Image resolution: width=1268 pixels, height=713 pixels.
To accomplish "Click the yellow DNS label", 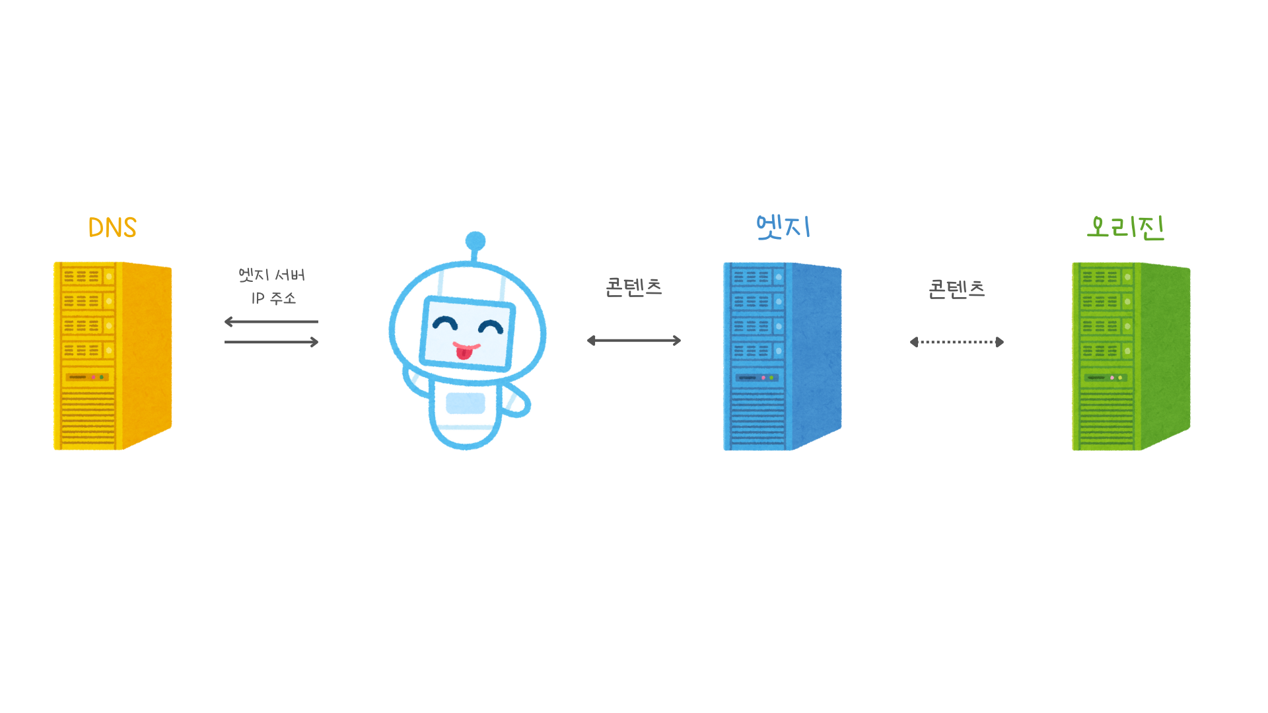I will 112,228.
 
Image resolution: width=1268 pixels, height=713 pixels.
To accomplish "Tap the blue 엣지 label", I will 783,227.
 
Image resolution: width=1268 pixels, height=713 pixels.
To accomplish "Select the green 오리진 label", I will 1125,228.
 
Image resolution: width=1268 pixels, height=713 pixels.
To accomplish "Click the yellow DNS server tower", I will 112,356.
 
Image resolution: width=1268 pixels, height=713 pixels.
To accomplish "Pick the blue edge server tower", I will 782,356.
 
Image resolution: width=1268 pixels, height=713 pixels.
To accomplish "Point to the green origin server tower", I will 1131,356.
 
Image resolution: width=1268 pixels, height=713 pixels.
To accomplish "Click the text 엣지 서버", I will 271,275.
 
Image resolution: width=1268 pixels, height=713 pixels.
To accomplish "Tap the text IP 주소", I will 273,298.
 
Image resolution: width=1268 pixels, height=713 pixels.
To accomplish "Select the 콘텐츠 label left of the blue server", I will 634,288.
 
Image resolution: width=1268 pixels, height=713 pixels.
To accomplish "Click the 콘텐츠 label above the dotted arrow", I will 956,289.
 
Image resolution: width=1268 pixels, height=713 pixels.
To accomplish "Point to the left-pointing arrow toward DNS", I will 271,322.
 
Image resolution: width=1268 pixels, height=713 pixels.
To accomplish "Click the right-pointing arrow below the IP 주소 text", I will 271,342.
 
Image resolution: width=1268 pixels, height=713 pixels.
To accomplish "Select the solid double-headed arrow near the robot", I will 634,341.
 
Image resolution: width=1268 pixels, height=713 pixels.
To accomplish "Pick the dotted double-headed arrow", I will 957,342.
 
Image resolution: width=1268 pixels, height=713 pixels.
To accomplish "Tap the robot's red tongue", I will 464,353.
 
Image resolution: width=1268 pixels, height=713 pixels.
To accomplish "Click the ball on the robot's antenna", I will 475,241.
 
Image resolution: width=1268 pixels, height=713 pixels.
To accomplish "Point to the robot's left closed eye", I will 444,323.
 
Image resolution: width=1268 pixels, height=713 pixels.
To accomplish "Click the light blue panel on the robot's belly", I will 466,403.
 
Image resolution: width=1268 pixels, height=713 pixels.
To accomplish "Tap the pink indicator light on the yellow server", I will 93,377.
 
